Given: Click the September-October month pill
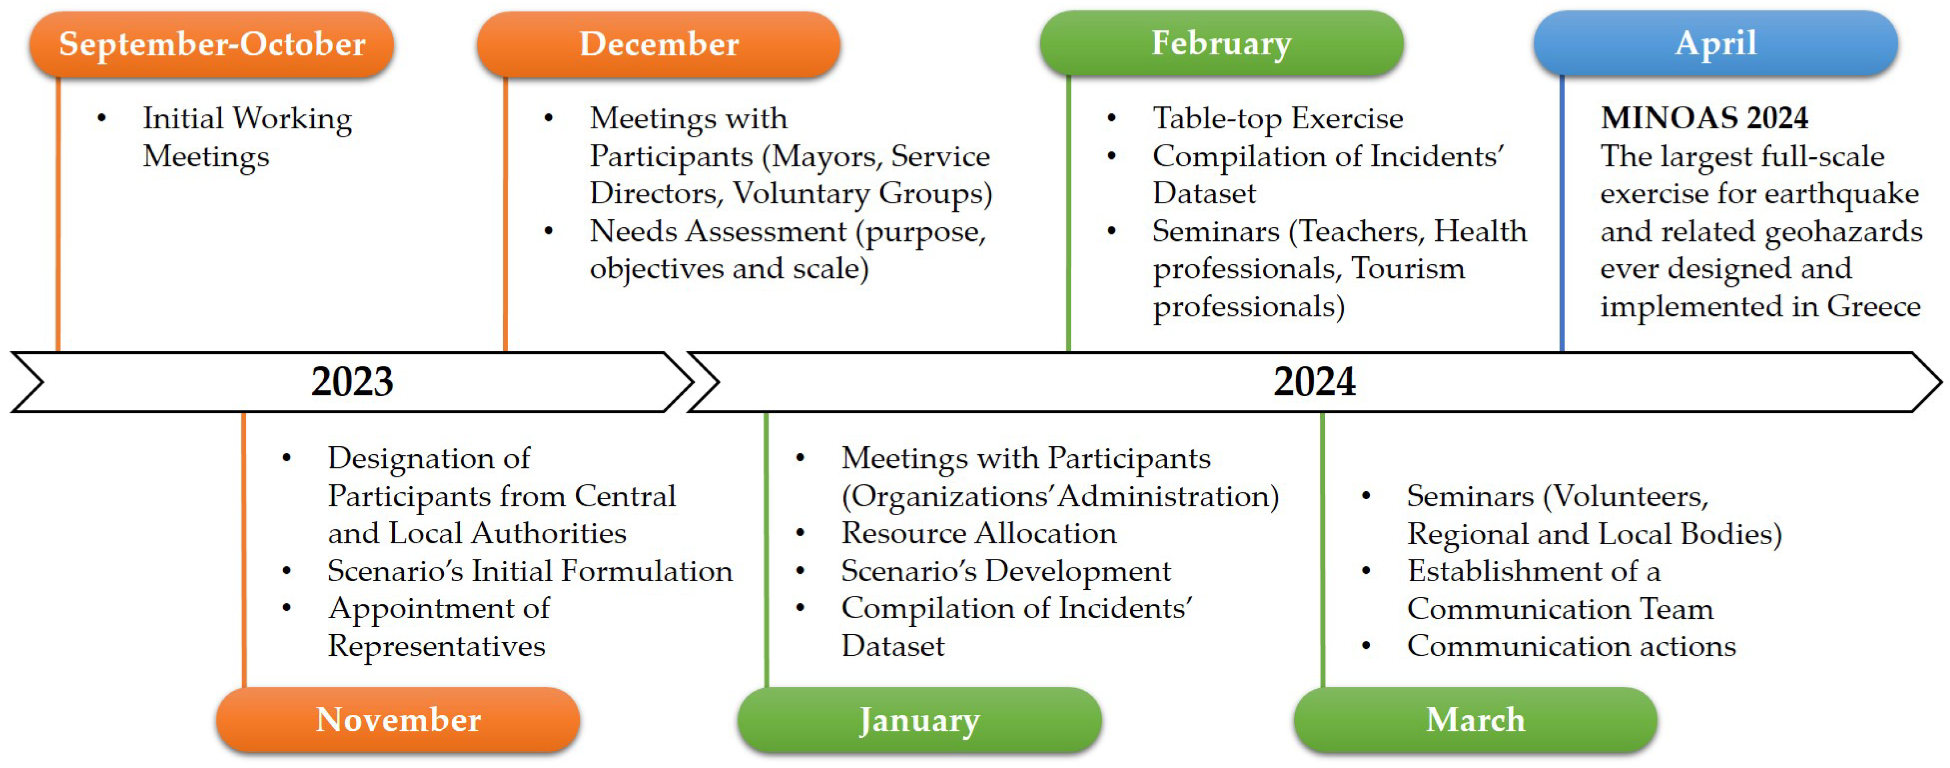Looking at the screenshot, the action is pyautogui.click(x=212, y=44).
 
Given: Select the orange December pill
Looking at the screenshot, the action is pyautogui.click(x=659, y=44).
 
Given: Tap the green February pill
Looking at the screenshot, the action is pyautogui.click(x=1222, y=43).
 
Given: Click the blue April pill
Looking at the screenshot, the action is pyautogui.click(x=1716, y=43).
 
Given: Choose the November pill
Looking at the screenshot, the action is pyautogui.click(x=398, y=719).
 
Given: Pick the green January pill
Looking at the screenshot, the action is pyautogui.click(x=920, y=719).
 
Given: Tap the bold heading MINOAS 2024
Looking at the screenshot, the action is pyautogui.click(x=1704, y=118).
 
